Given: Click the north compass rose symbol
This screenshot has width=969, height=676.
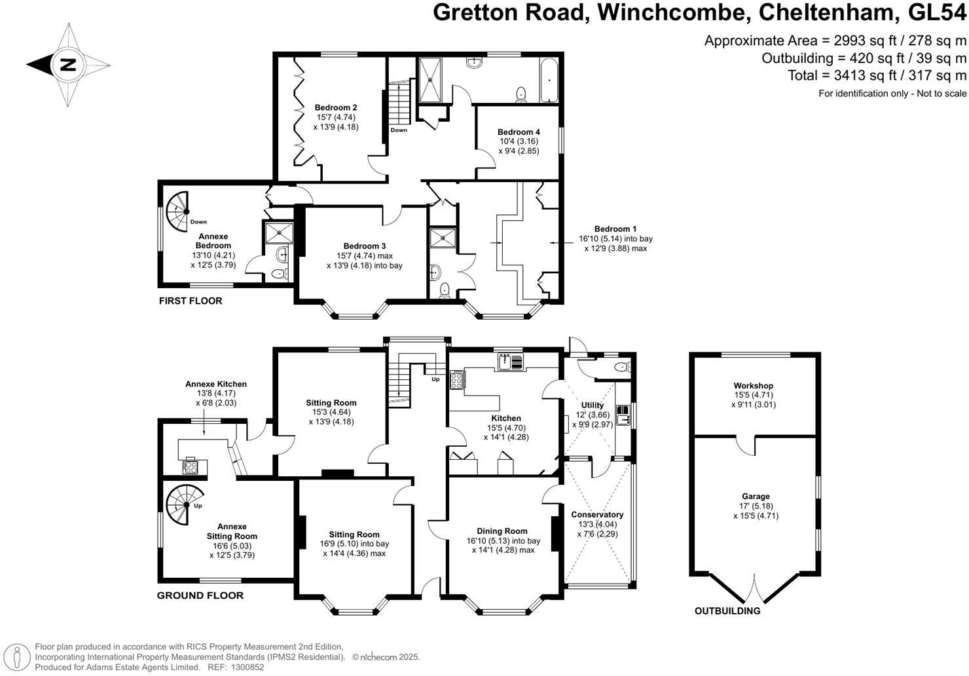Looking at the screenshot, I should [x=68, y=65].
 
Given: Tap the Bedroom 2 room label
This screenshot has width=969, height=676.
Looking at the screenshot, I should [x=336, y=108].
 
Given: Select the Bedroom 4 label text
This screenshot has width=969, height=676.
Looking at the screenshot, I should [x=519, y=132].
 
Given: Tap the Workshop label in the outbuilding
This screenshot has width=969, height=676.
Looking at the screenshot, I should [x=754, y=386].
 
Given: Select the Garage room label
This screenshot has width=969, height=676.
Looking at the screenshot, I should [x=756, y=497].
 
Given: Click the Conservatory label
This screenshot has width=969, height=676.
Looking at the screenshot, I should [x=597, y=515].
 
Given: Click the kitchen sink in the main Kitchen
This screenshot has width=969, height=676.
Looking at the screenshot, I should [x=510, y=361].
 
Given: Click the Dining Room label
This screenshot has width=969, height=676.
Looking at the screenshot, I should [x=502, y=531].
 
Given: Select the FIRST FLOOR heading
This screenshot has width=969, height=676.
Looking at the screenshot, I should [x=191, y=301].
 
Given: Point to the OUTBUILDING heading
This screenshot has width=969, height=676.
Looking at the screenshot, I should [x=727, y=611].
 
